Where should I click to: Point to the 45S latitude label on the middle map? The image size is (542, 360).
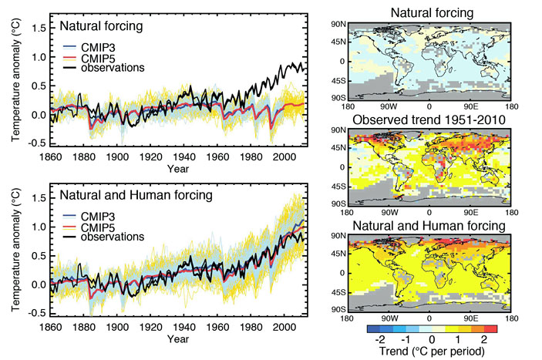pos(335,186)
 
